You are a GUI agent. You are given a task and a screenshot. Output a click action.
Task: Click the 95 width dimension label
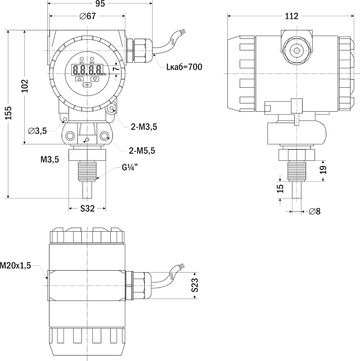pos(100,4)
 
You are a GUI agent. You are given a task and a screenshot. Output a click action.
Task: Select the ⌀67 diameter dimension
pos(88,16)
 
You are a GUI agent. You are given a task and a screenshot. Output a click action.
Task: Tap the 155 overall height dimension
pos(9,113)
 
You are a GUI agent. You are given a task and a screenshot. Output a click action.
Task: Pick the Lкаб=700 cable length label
pos(184,67)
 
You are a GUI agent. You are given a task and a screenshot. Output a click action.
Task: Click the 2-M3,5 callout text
pos(143,127)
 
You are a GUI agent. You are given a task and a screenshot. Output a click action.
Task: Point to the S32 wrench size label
pos(88,208)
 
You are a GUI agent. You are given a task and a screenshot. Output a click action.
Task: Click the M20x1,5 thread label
pos(16,265)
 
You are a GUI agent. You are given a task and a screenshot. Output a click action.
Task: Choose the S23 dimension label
pos(195,285)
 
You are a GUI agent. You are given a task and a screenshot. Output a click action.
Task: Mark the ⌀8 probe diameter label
pos(315,211)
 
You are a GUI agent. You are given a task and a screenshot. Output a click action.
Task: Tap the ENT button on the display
pos(87,85)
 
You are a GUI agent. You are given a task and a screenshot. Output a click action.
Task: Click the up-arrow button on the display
pos(79,79)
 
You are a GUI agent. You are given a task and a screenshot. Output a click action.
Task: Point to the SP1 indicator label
pos(82,63)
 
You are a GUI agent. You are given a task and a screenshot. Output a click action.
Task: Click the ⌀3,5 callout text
pos(37,131)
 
